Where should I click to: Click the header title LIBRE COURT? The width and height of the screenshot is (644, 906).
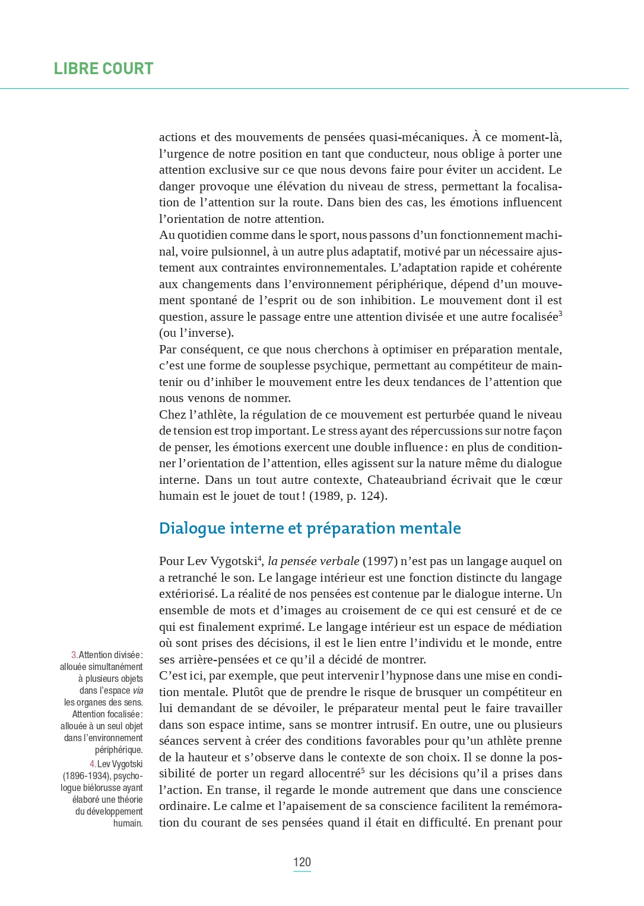[x=103, y=69]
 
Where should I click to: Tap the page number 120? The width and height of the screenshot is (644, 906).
[x=302, y=862]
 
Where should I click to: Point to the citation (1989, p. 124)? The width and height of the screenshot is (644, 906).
[x=348, y=496]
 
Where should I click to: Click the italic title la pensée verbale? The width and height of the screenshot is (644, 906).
[x=313, y=561]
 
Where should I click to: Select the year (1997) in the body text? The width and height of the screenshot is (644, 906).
[x=380, y=561]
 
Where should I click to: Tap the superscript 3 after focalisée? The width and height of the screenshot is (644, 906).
[x=560, y=313]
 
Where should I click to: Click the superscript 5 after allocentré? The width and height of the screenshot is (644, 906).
[x=363, y=770]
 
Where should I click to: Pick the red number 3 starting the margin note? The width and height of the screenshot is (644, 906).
[x=74, y=655]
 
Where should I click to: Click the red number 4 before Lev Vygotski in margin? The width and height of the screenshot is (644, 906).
[x=93, y=764]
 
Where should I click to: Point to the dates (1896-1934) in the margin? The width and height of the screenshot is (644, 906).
[x=87, y=776]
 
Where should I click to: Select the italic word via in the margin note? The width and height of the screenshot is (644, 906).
[x=138, y=690]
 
